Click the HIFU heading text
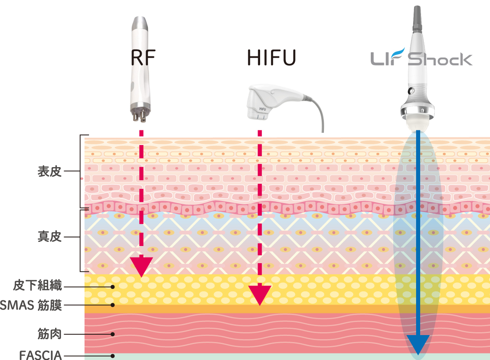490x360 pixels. click(x=271, y=58)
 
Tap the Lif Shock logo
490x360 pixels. click(x=421, y=58)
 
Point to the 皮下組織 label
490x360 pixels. click(x=38, y=286)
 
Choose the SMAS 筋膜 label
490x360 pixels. click(x=31, y=305)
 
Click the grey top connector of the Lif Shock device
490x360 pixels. click(x=417, y=19)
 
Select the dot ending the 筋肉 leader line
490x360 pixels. click(x=113, y=334)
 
